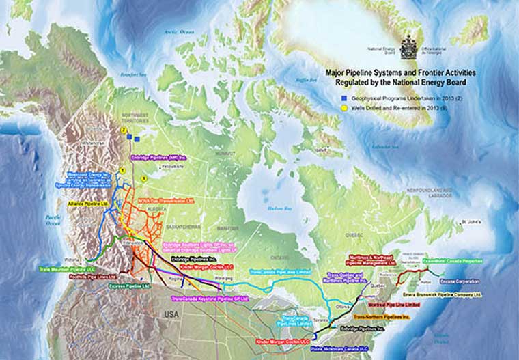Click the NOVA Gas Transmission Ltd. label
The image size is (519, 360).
(x=167, y=202)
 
